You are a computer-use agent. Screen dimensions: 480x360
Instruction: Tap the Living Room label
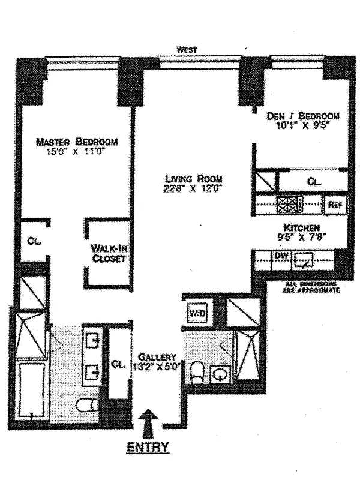click(x=194, y=179)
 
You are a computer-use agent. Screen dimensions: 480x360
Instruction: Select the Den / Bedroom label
click(x=303, y=116)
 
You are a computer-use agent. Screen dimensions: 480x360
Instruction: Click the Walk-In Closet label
click(x=108, y=253)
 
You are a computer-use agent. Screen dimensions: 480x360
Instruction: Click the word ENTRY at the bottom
click(x=147, y=446)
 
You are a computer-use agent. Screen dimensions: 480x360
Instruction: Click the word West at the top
click(x=187, y=50)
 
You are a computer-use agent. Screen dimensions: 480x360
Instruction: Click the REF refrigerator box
click(x=334, y=205)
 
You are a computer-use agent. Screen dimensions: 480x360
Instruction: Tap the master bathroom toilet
click(x=88, y=406)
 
